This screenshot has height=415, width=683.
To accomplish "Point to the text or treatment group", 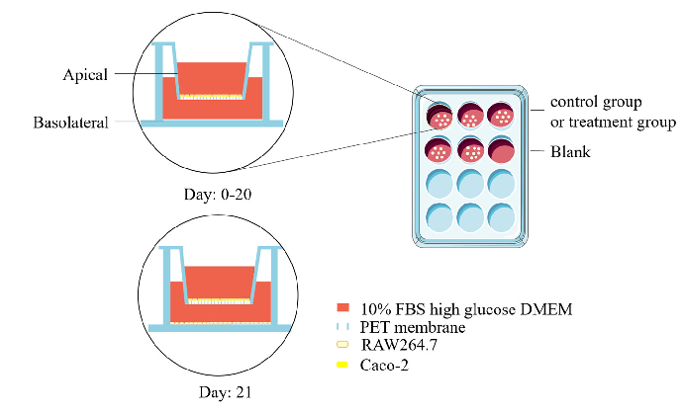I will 614,123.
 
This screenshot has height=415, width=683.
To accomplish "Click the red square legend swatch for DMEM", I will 343,307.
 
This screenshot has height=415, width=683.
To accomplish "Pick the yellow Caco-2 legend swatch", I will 343,364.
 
